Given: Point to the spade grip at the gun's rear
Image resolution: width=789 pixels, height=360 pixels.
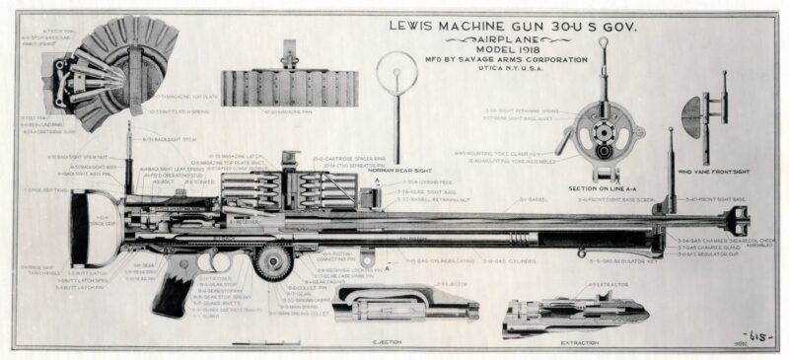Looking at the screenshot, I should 84,227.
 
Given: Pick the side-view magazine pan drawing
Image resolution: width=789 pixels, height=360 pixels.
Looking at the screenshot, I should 283,88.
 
